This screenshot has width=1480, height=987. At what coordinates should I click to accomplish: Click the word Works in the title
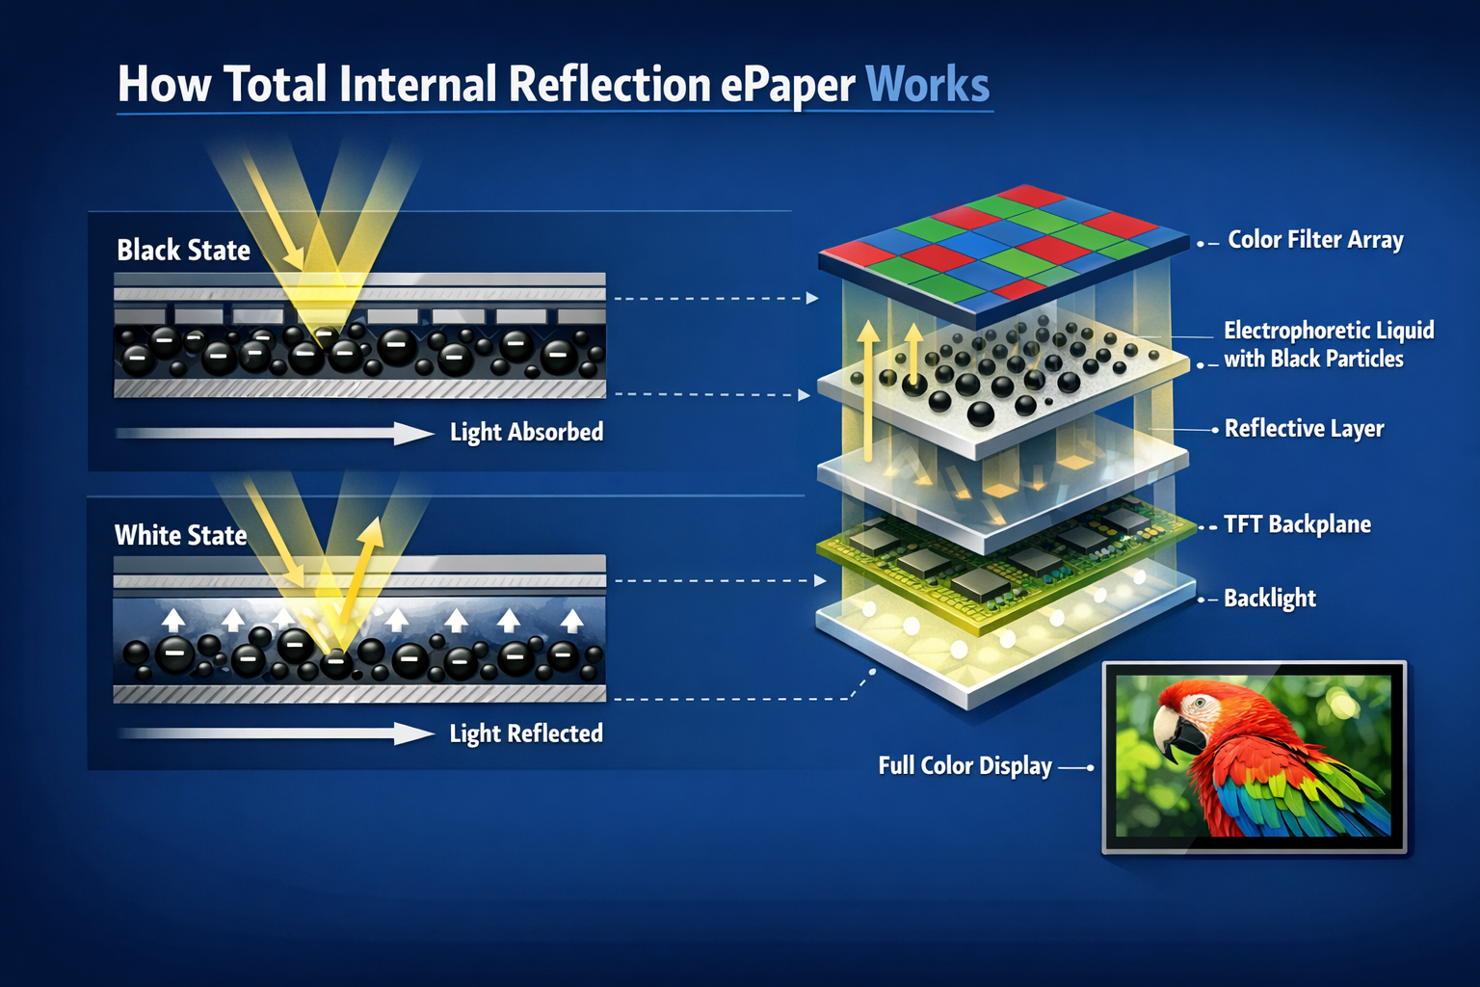[927, 85]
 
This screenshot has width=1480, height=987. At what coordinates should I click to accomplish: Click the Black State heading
[183, 251]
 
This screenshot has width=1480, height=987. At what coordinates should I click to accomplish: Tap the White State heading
[180, 536]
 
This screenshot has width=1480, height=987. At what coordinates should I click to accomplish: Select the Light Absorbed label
[526, 432]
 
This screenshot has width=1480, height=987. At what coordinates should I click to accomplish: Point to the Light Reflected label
[526, 734]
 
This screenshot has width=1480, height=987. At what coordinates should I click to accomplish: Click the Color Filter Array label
[1315, 240]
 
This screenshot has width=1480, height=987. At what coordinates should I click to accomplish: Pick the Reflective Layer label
[1304, 429]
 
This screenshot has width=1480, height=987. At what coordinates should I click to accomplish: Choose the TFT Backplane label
[1297, 524]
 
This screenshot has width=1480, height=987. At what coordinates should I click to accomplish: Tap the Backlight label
[1270, 599]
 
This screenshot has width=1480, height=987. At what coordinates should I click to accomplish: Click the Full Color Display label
[965, 766]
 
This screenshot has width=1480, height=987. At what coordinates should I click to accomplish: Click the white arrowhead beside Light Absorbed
[414, 434]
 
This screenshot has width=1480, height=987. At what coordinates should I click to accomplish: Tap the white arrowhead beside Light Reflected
[414, 734]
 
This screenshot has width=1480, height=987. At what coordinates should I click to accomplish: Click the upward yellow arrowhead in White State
[371, 531]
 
